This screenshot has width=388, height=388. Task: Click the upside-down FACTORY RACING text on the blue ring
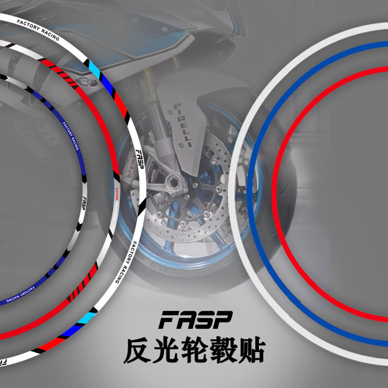point(18,293)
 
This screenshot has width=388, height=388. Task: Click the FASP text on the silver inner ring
point(83,202)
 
